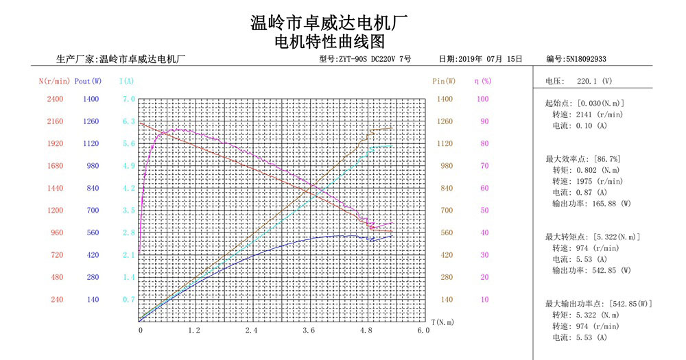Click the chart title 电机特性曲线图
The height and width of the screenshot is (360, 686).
coord(330,42)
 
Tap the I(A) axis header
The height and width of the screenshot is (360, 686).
coord(127,81)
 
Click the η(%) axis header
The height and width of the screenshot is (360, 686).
coord(483,81)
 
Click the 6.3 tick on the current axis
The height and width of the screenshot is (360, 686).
coord(128,121)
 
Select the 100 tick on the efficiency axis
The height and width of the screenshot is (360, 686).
coord(483,99)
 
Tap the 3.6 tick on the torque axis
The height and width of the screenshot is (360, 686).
coord(309,331)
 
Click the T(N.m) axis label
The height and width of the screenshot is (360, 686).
coord(442,321)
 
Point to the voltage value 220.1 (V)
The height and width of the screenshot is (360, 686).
coord(594,81)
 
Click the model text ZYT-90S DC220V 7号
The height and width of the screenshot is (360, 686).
coord(374,60)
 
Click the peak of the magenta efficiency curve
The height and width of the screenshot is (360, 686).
coord(180,130)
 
